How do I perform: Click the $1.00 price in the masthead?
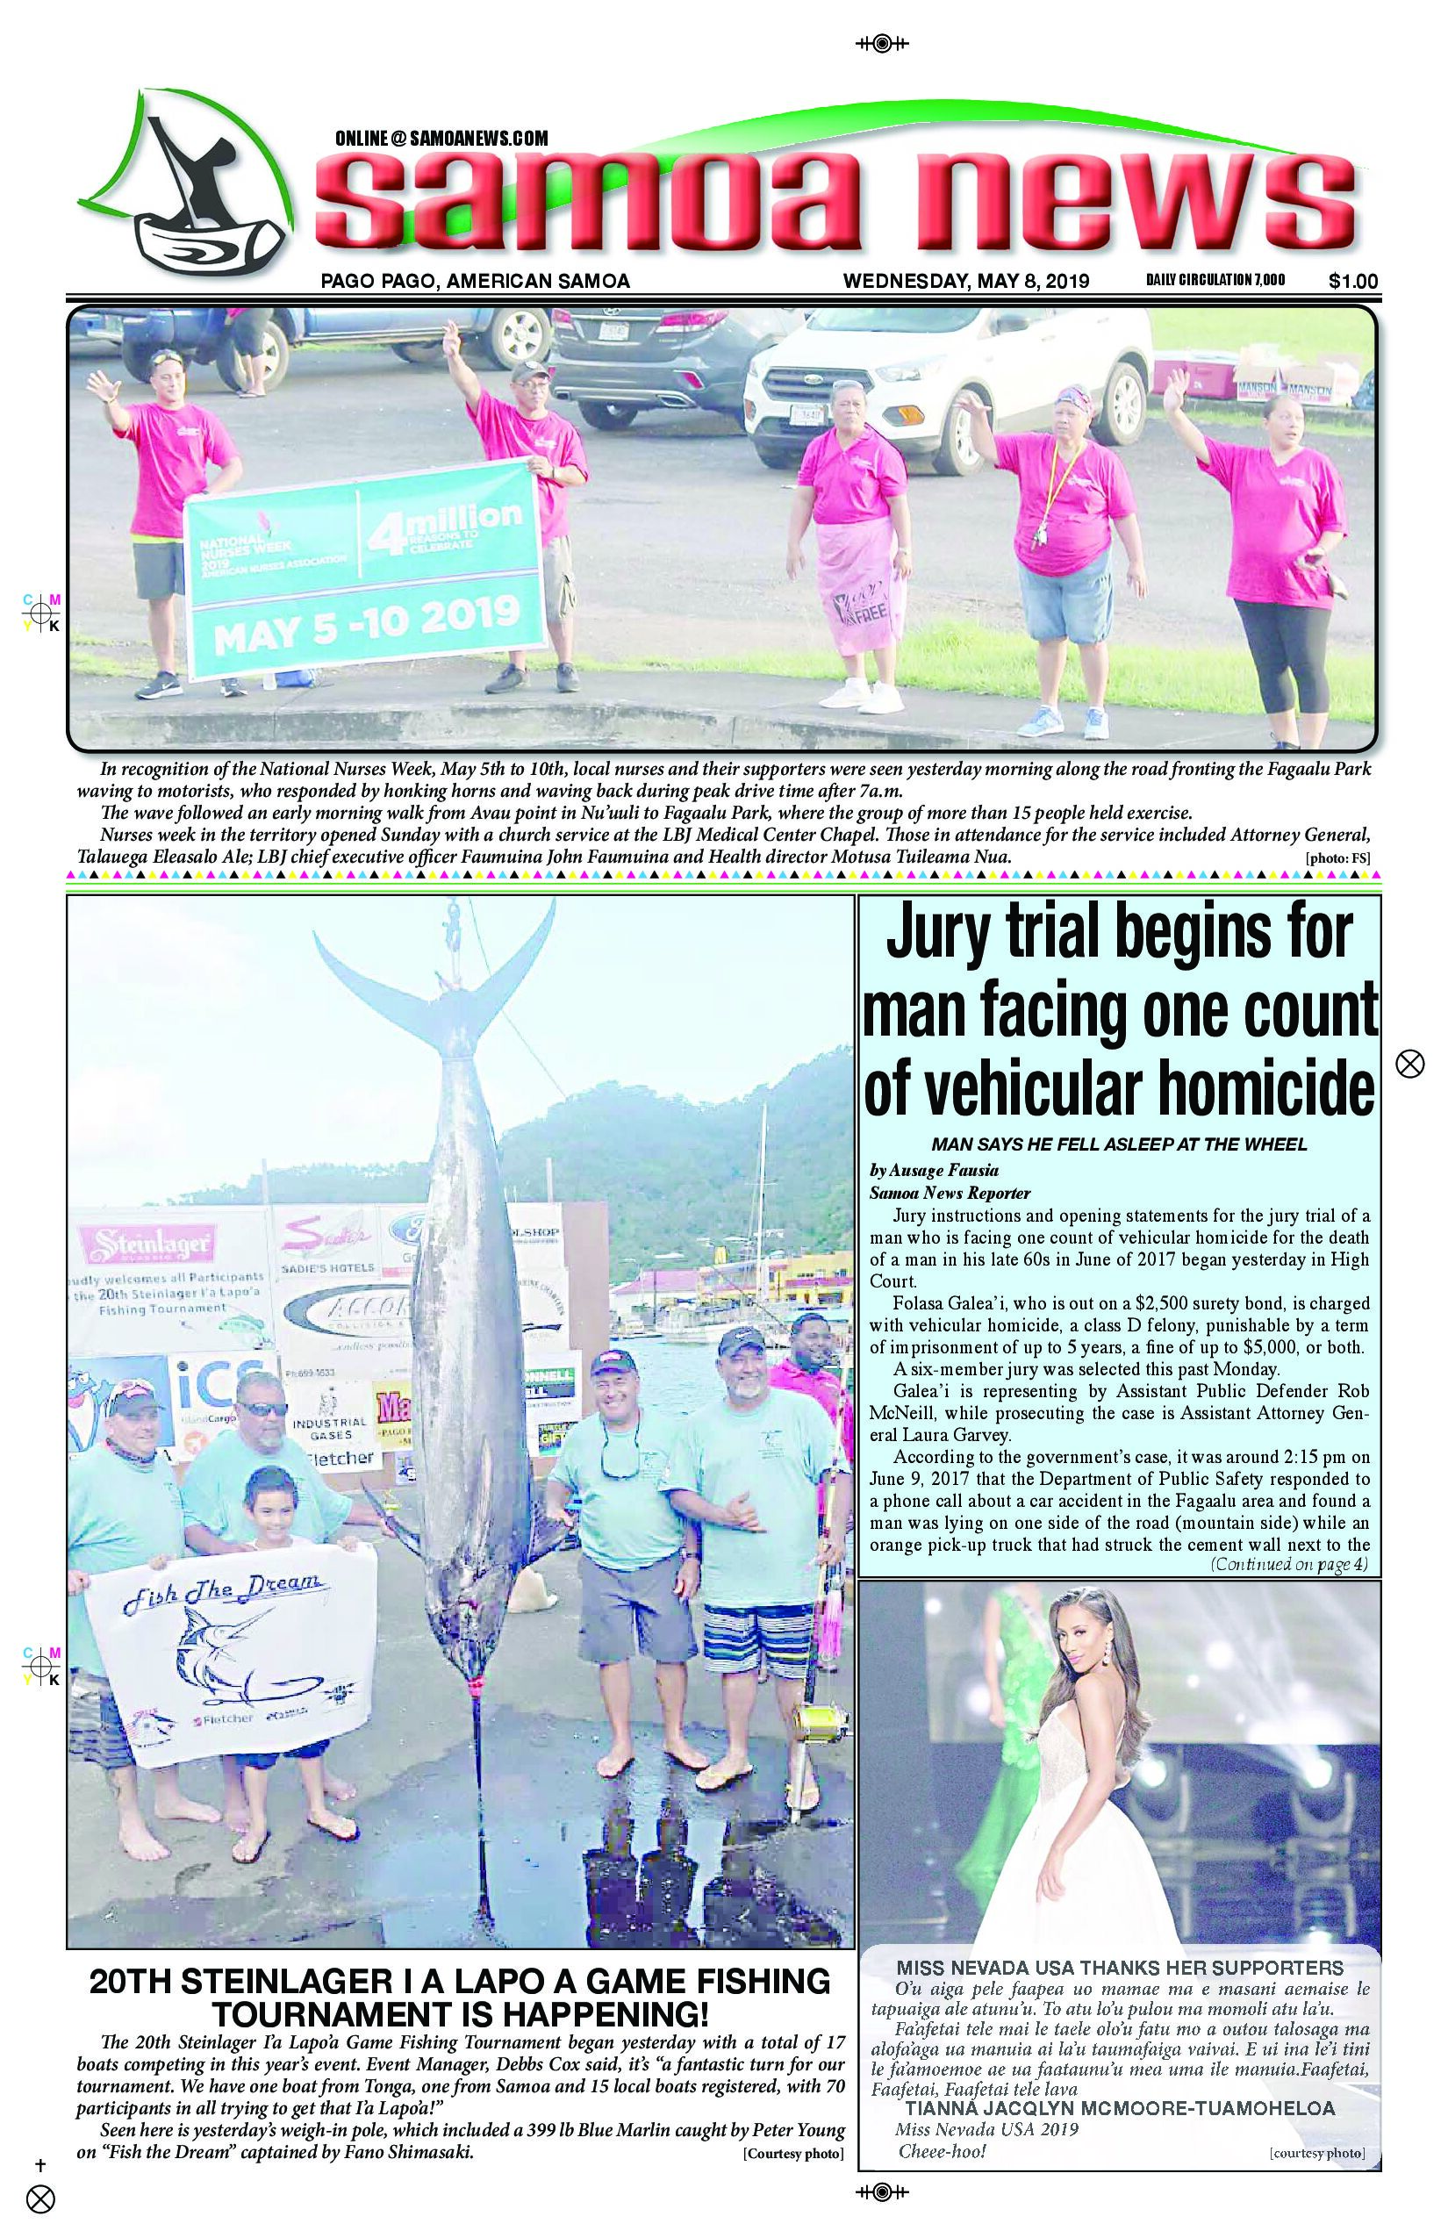click(1353, 280)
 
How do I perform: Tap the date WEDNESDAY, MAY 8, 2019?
click(965, 280)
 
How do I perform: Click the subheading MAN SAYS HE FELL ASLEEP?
click(1119, 1144)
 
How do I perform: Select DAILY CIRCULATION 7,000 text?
click(1215, 280)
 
